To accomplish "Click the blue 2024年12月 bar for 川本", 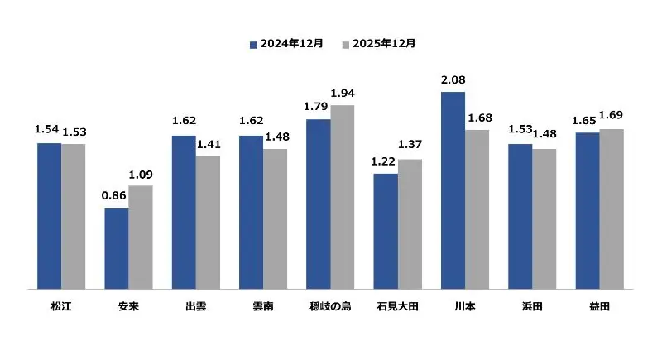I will click(x=453, y=190).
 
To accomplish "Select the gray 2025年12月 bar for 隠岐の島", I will click(x=342, y=197).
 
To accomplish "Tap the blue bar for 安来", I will click(x=117, y=248).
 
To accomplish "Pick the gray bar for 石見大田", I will click(x=410, y=224).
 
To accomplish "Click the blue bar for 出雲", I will click(x=184, y=212).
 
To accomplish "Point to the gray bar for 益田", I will click(x=612, y=209).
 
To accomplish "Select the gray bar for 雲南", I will click(x=275, y=219).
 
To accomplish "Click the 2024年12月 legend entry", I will click(x=286, y=43).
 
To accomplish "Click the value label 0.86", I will click(x=115, y=195).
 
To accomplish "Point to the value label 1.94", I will click(x=342, y=93).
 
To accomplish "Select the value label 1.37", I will click(x=410, y=146).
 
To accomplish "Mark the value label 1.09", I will click(x=142, y=173).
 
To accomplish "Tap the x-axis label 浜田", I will click(x=532, y=306).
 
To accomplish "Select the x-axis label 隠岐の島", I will click(x=330, y=306).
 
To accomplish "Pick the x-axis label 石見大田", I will click(x=397, y=306).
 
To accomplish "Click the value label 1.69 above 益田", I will click(x=612, y=116).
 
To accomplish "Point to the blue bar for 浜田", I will click(x=520, y=217).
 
